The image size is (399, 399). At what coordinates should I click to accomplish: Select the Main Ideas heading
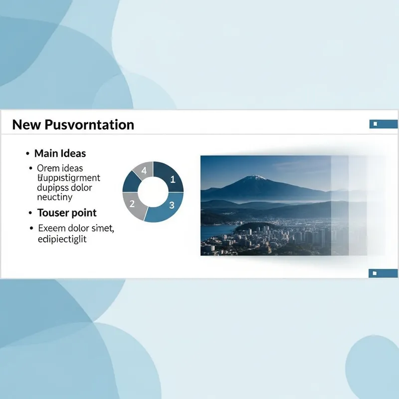click(60, 154)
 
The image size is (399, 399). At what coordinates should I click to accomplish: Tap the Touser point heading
click(67, 213)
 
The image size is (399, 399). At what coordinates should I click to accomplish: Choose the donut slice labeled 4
click(144, 170)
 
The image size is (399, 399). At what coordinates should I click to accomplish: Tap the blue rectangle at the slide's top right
click(383, 124)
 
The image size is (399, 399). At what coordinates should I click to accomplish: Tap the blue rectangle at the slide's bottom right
click(383, 273)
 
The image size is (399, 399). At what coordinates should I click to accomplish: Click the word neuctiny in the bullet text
click(55, 198)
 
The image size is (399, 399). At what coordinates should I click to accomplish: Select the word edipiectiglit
click(62, 239)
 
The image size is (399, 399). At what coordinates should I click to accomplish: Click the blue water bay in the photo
click(217, 231)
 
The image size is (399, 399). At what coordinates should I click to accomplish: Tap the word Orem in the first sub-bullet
click(48, 168)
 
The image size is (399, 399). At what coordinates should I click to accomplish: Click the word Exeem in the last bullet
click(51, 229)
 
